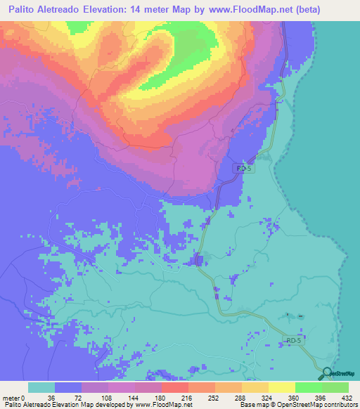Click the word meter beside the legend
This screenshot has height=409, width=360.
12,396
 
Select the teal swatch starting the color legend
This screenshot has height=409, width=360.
41,387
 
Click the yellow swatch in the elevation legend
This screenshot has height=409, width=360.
282,387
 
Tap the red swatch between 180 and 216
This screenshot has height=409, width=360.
175,387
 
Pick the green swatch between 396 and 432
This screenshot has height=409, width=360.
335,387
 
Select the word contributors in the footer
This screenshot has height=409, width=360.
340,405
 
